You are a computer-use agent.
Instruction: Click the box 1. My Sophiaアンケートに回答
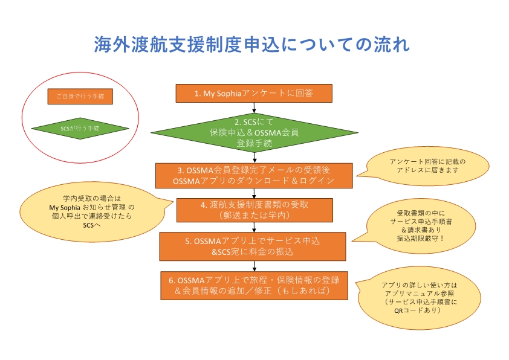click(x=254, y=93)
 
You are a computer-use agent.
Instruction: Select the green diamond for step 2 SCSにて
click(x=254, y=132)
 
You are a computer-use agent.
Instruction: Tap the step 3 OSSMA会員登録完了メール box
click(x=254, y=175)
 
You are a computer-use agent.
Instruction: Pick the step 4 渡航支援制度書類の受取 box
click(x=254, y=209)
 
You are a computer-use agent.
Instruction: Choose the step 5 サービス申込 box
click(x=254, y=245)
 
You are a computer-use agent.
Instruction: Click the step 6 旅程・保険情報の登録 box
click(x=254, y=284)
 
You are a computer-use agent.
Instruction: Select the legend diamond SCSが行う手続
click(x=80, y=129)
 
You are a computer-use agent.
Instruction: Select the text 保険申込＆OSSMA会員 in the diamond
click(x=254, y=132)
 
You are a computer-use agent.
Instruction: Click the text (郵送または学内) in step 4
click(x=254, y=215)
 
